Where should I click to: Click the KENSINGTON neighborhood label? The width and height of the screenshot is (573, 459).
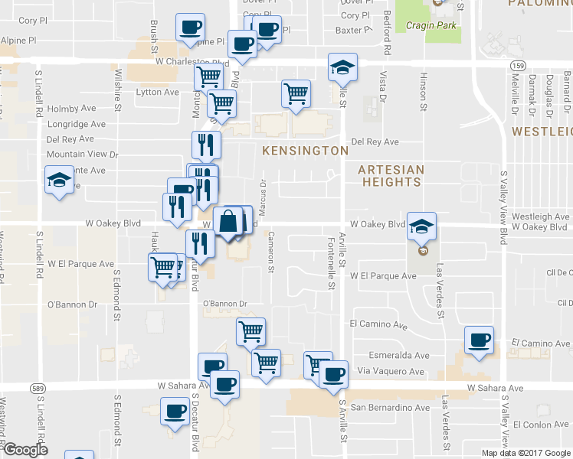point(306,151)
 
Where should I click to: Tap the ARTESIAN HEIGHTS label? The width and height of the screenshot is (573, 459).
point(392,175)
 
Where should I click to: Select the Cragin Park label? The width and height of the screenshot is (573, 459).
point(431,25)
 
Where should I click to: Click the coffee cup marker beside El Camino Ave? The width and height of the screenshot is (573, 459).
point(480,340)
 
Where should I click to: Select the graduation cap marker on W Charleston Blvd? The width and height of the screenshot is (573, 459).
point(343,67)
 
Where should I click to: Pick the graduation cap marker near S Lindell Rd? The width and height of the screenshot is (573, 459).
point(58,182)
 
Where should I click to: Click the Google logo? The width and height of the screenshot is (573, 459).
point(25,450)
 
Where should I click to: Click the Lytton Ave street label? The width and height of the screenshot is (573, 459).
point(157,92)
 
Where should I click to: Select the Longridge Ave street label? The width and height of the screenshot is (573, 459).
point(77,124)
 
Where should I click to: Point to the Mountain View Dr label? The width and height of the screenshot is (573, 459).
point(83,154)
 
